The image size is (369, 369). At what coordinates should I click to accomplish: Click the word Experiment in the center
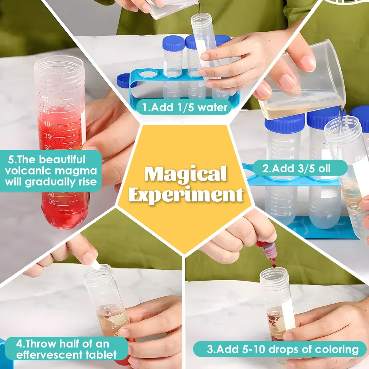186,195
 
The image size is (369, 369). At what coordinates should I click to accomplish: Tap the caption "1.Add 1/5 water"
185,107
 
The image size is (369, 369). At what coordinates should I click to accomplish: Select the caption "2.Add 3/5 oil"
296,168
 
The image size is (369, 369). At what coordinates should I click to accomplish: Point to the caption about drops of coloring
283,349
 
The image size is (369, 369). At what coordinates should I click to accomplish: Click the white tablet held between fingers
95,265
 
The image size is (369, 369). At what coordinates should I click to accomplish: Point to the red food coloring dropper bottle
268,250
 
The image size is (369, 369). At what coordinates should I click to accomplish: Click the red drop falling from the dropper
274,266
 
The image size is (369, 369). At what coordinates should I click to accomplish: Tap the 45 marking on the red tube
46,111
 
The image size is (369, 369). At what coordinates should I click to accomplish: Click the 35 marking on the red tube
48,136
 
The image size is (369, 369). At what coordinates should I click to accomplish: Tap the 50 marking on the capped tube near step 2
292,141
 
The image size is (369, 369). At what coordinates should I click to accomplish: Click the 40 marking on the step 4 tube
106,307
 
